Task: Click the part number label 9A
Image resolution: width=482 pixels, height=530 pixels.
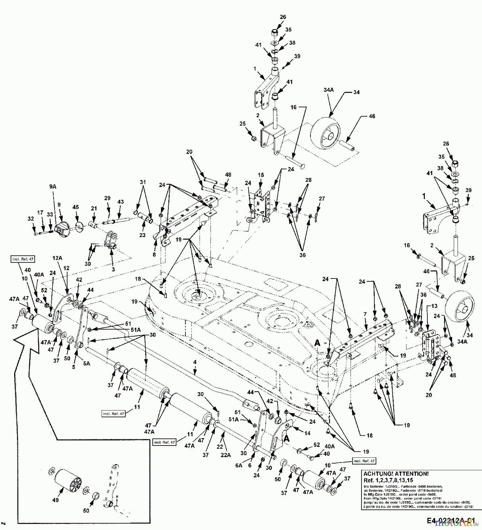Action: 53,187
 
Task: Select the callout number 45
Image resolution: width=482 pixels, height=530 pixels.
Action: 76,208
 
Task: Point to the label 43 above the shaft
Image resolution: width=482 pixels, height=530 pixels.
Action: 121,202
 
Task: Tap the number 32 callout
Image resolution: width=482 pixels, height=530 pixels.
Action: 30,219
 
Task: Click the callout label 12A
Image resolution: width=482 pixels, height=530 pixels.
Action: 58,258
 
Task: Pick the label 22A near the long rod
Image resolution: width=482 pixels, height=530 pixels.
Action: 225,455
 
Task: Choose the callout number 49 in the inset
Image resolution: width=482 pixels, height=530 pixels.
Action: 55,500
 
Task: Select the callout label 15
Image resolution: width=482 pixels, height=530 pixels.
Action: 260,175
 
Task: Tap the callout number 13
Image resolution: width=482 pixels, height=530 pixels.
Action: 434,306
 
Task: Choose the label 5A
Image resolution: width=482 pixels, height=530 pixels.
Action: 86,364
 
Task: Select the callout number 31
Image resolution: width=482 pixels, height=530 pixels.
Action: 143,183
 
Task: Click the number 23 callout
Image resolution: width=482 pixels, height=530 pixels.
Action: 143,235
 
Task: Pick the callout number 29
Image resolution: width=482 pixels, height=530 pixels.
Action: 107,198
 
